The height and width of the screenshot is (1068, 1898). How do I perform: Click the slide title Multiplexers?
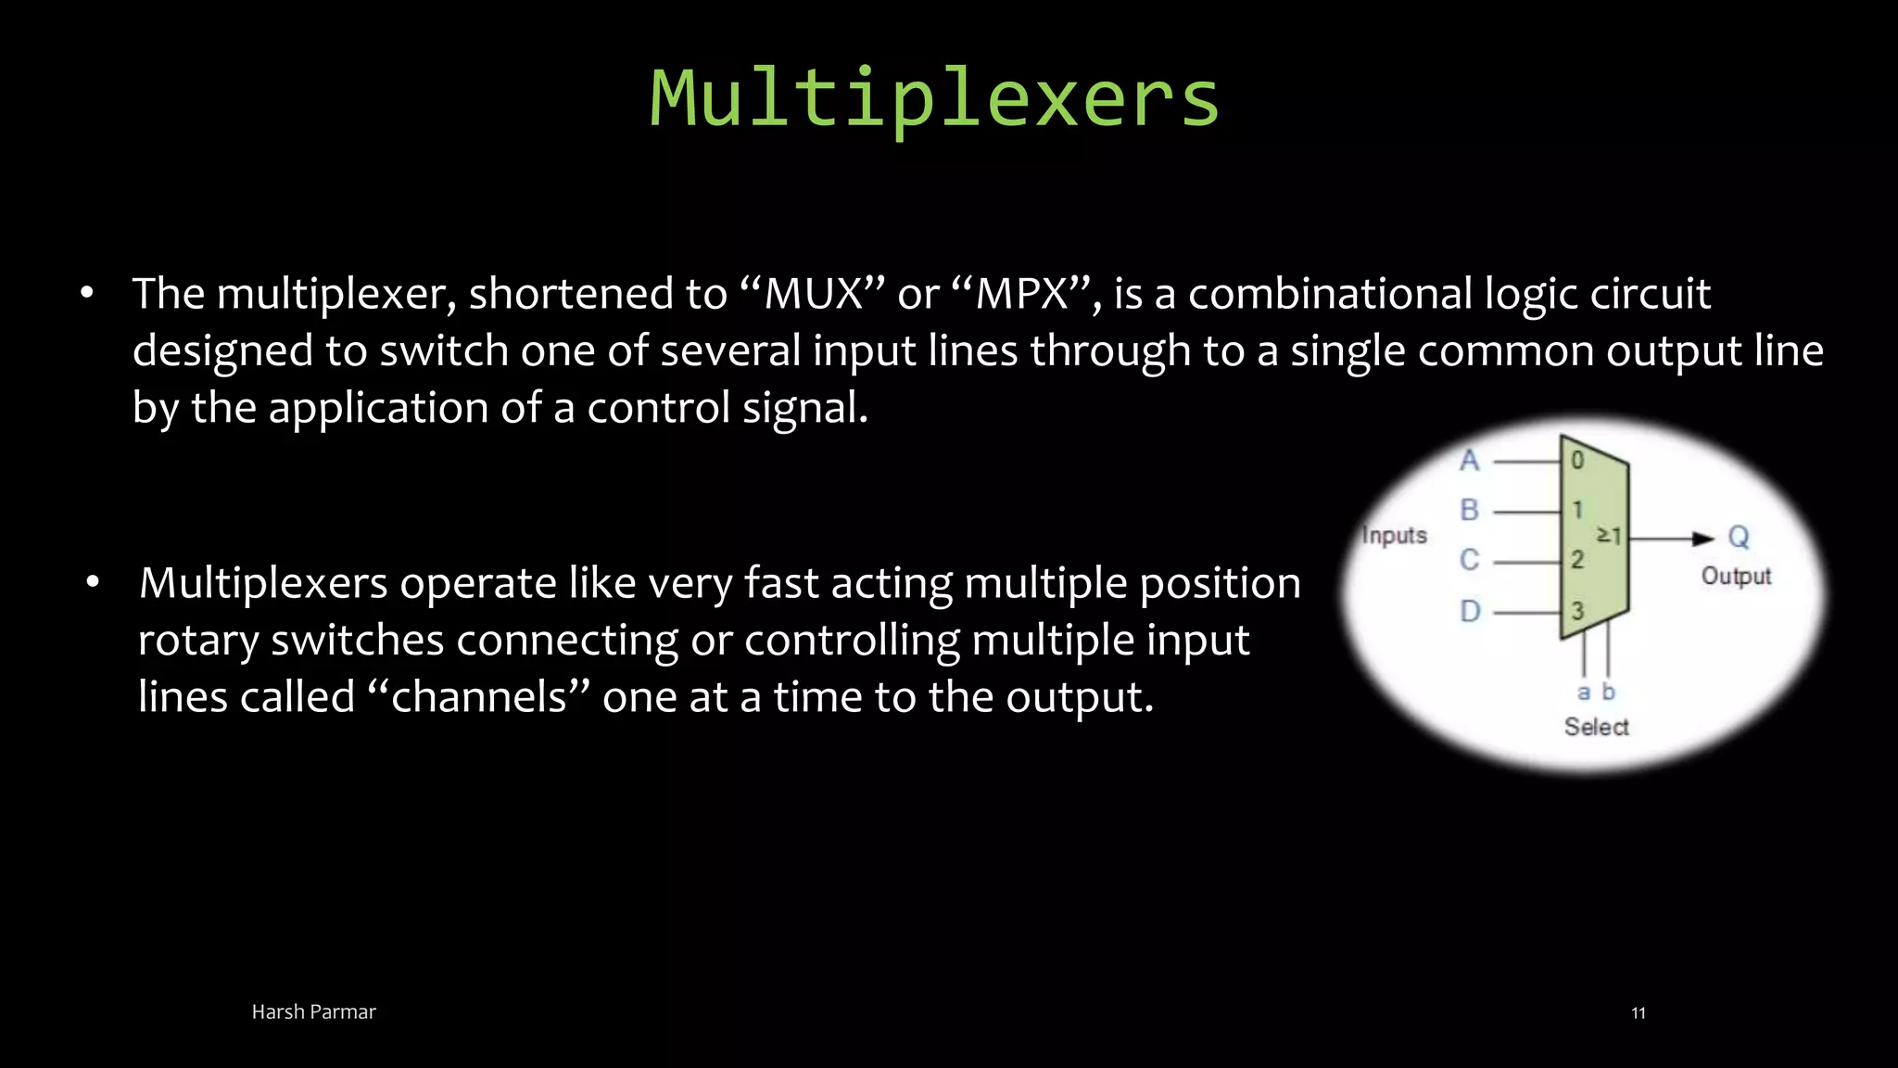tap(934, 98)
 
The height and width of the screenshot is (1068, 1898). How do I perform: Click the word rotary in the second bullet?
tap(197, 641)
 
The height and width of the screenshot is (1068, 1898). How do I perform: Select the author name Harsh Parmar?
tap(313, 1011)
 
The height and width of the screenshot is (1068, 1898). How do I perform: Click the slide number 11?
tap(1638, 1012)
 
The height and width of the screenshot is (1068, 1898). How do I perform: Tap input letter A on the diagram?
tap(1470, 461)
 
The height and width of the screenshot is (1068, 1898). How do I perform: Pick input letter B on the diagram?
tap(1470, 510)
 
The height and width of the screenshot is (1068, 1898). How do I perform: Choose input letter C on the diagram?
tap(1470, 560)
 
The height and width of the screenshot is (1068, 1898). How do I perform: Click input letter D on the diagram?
tap(1470, 612)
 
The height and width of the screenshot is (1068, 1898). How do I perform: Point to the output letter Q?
tap(1739, 538)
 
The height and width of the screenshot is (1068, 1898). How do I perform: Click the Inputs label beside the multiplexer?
tap(1394, 536)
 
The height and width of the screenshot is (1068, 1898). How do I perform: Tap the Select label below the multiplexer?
tap(1596, 727)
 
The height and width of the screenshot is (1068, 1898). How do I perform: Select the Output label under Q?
tap(1736, 577)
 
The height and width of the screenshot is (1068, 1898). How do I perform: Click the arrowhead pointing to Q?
tap(1702, 539)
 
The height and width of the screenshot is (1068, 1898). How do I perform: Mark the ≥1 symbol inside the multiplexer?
tap(1608, 536)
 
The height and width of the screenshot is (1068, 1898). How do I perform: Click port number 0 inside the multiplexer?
tap(1577, 460)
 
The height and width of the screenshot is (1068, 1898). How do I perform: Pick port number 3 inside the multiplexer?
tap(1577, 611)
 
